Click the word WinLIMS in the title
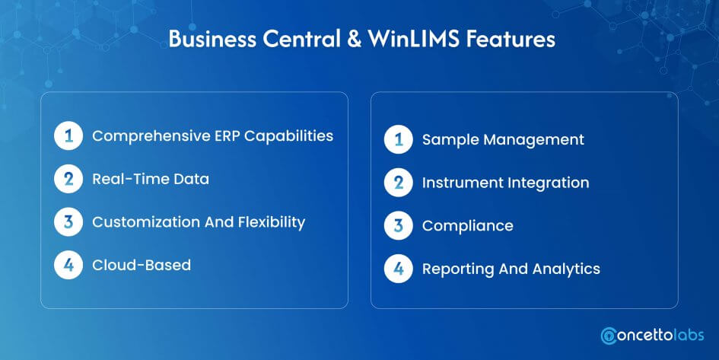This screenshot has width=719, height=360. pos(414,39)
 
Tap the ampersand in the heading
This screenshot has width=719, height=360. pos(354,39)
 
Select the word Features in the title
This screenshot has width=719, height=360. pos(511,39)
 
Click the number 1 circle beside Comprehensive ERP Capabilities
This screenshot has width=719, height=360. pos(68,135)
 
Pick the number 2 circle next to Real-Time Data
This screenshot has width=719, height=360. pos(68,179)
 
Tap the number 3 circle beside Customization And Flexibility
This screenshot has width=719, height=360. pos(68,222)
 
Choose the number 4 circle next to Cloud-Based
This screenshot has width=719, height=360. pos(68,265)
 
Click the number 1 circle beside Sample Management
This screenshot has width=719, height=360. pos(399,139)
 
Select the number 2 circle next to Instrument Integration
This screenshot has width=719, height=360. pos(399,183)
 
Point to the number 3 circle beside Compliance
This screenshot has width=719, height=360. pos(399,225)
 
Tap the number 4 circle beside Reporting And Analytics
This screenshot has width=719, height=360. pos(399,269)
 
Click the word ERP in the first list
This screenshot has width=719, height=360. pos(227,135)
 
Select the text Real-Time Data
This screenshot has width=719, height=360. pos(151,179)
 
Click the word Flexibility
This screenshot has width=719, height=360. pos(272,222)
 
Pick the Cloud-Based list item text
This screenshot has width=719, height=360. pos(142,265)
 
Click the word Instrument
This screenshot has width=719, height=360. pos(463,183)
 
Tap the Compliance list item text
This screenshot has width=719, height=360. pos(468,226)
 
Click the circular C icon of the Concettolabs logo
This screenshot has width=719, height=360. pos(609,336)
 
